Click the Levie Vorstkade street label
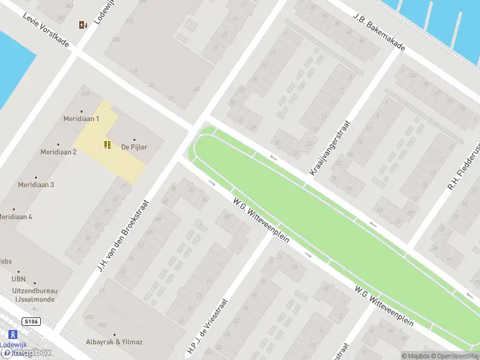pos(46,31)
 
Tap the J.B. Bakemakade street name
pos(379,31)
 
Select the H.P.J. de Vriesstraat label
pos(207,327)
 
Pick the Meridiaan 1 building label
pos(81,119)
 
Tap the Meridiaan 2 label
pos(58,152)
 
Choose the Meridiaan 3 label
pos(36,184)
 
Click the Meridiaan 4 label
pos(15,216)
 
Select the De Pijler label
pos(134,146)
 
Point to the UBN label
pos(19,279)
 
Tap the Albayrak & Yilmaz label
pos(114,342)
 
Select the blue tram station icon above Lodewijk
pos(11,334)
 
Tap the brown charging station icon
pos(83,25)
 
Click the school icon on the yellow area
pos(107,144)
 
